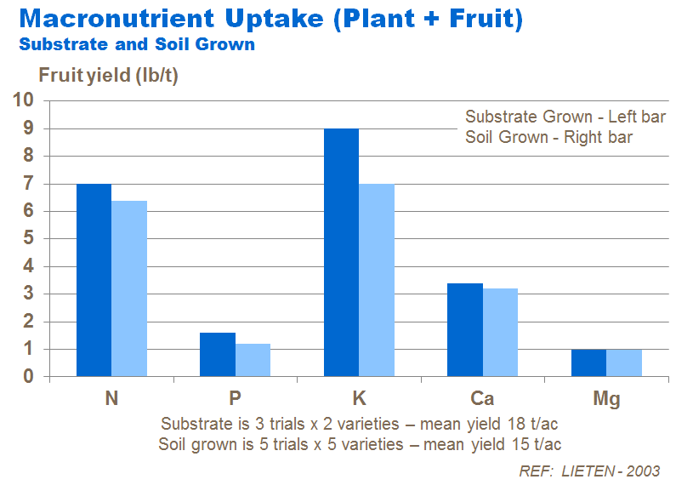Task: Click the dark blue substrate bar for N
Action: [94, 280]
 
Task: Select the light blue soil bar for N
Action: [129, 288]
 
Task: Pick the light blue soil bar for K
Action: [377, 280]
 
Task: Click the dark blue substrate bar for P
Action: [217, 354]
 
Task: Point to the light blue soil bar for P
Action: [253, 360]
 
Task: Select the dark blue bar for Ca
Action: [465, 329]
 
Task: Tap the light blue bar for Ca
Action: [500, 332]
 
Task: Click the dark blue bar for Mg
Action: [588, 362]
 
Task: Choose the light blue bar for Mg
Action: [624, 362]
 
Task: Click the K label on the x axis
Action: [359, 398]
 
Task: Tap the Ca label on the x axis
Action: [482, 398]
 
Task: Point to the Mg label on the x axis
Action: [606, 398]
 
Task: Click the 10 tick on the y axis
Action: [23, 100]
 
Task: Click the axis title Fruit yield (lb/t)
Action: [108, 76]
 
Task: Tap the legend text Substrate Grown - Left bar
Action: [565, 117]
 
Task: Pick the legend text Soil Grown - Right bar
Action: [548, 137]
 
